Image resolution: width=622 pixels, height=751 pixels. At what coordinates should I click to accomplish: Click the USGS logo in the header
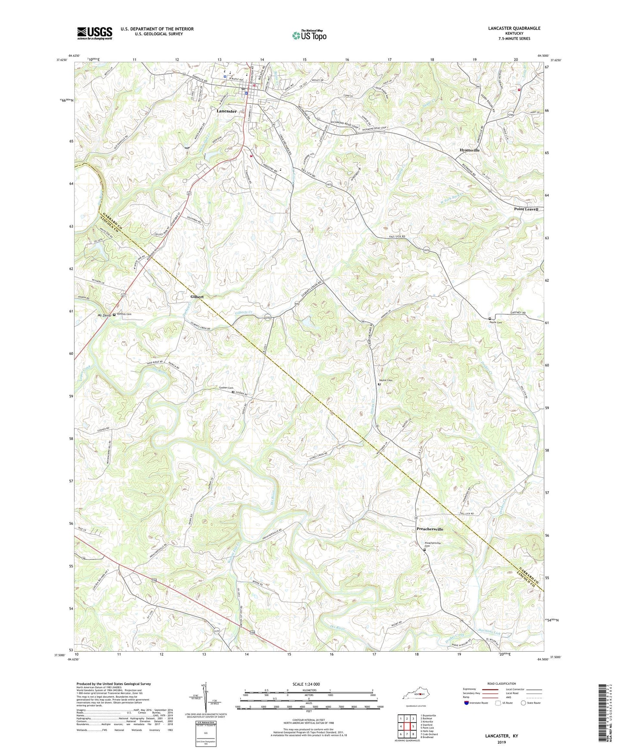click(95, 33)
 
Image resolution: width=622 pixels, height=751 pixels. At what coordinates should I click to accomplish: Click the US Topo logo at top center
click(309, 35)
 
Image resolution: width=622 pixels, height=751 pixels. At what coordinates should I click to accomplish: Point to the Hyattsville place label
click(469, 150)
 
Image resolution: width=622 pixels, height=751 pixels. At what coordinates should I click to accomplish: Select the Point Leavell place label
click(526, 209)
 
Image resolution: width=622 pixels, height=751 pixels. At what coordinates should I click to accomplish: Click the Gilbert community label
click(197, 297)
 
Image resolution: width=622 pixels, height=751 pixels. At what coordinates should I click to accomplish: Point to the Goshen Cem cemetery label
click(223, 388)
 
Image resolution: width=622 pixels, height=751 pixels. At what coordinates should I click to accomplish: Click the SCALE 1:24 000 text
click(306, 684)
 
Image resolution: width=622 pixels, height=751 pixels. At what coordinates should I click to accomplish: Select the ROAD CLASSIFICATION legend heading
click(501, 683)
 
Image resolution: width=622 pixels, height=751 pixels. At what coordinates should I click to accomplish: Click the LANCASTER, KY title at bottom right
click(501, 736)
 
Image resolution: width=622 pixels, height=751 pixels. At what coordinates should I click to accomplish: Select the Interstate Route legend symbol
click(467, 703)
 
